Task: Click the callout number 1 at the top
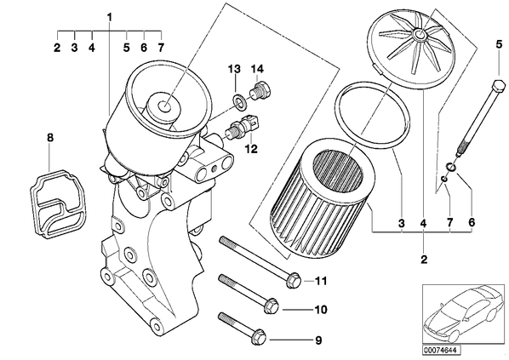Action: pyautogui.click(x=110, y=17)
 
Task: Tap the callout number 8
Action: pyautogui.click(x=49, y=137)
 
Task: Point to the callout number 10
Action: pyautogui.click(x=320, y=310)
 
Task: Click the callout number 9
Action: pyautogui.click(x=318, y=340)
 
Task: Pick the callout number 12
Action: pyautogui.click(x=251, y=149)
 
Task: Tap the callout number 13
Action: pyautogui.click(x=234, y=69)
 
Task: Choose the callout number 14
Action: pyautogui.click(x=257, y=69)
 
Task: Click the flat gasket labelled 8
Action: pyautogui.click(x=57, y=203)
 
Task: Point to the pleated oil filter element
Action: pyautogui.click(x=323, y=198)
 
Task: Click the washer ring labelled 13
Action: pyautogui.click(x=239, y=101)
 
